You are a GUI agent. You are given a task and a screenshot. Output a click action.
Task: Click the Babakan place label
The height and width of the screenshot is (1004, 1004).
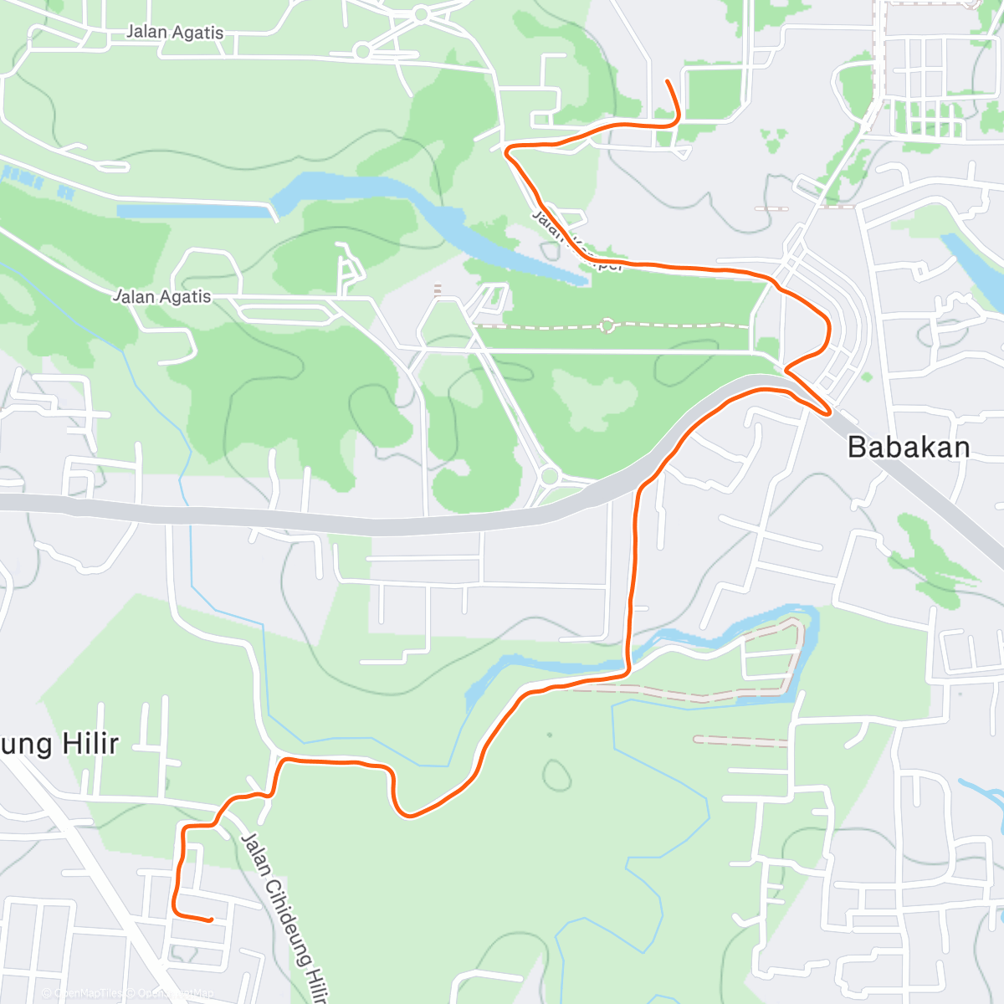click(x=909, y=448)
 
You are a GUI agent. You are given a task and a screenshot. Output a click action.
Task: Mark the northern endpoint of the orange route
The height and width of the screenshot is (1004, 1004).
click(x=667, y=81)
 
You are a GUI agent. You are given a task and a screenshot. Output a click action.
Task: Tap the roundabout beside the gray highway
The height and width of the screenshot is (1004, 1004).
click(x=549, y=476)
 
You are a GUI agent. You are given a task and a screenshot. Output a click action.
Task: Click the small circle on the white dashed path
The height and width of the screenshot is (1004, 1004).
click(x=608, y=325)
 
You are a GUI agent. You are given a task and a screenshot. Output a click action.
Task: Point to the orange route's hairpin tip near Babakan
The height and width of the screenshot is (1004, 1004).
click(x=827, y=412)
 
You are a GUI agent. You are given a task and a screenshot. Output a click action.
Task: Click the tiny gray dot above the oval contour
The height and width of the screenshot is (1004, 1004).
click(x=550, y=735)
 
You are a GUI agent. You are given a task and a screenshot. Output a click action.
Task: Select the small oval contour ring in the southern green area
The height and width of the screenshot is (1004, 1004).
click(x=555, y=774)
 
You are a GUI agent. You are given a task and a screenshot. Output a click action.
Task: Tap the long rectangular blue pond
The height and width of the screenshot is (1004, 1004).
click(x=197, y=210)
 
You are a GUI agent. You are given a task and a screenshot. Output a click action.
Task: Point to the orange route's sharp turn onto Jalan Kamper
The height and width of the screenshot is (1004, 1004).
click(x=508, y=150)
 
